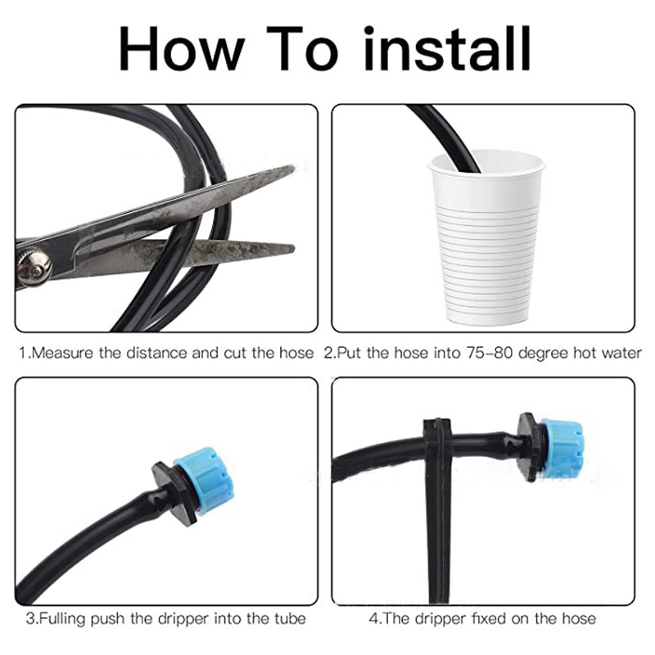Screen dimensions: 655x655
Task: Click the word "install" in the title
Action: click(x=447, y=49)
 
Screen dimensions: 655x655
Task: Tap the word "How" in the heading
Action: click(x=181, y=49)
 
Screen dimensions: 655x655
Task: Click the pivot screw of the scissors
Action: click(x=34, y=267)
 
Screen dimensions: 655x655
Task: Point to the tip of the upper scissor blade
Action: click(x=294, y=168)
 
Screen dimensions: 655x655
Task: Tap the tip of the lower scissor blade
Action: click(x=294, y=248)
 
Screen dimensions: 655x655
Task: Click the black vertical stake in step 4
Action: click(x=439, y=509)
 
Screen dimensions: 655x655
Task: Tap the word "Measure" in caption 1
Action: click(x=62, y=354)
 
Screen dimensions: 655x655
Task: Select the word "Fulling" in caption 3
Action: click(x=63, y=619)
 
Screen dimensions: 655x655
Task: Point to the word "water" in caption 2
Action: click(x=621, y=354)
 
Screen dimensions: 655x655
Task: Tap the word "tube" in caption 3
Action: click(x=290, y=619)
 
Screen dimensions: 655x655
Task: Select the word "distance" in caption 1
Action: click(x=157, y=354)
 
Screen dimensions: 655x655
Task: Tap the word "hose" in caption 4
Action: click(x=579, y=619)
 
